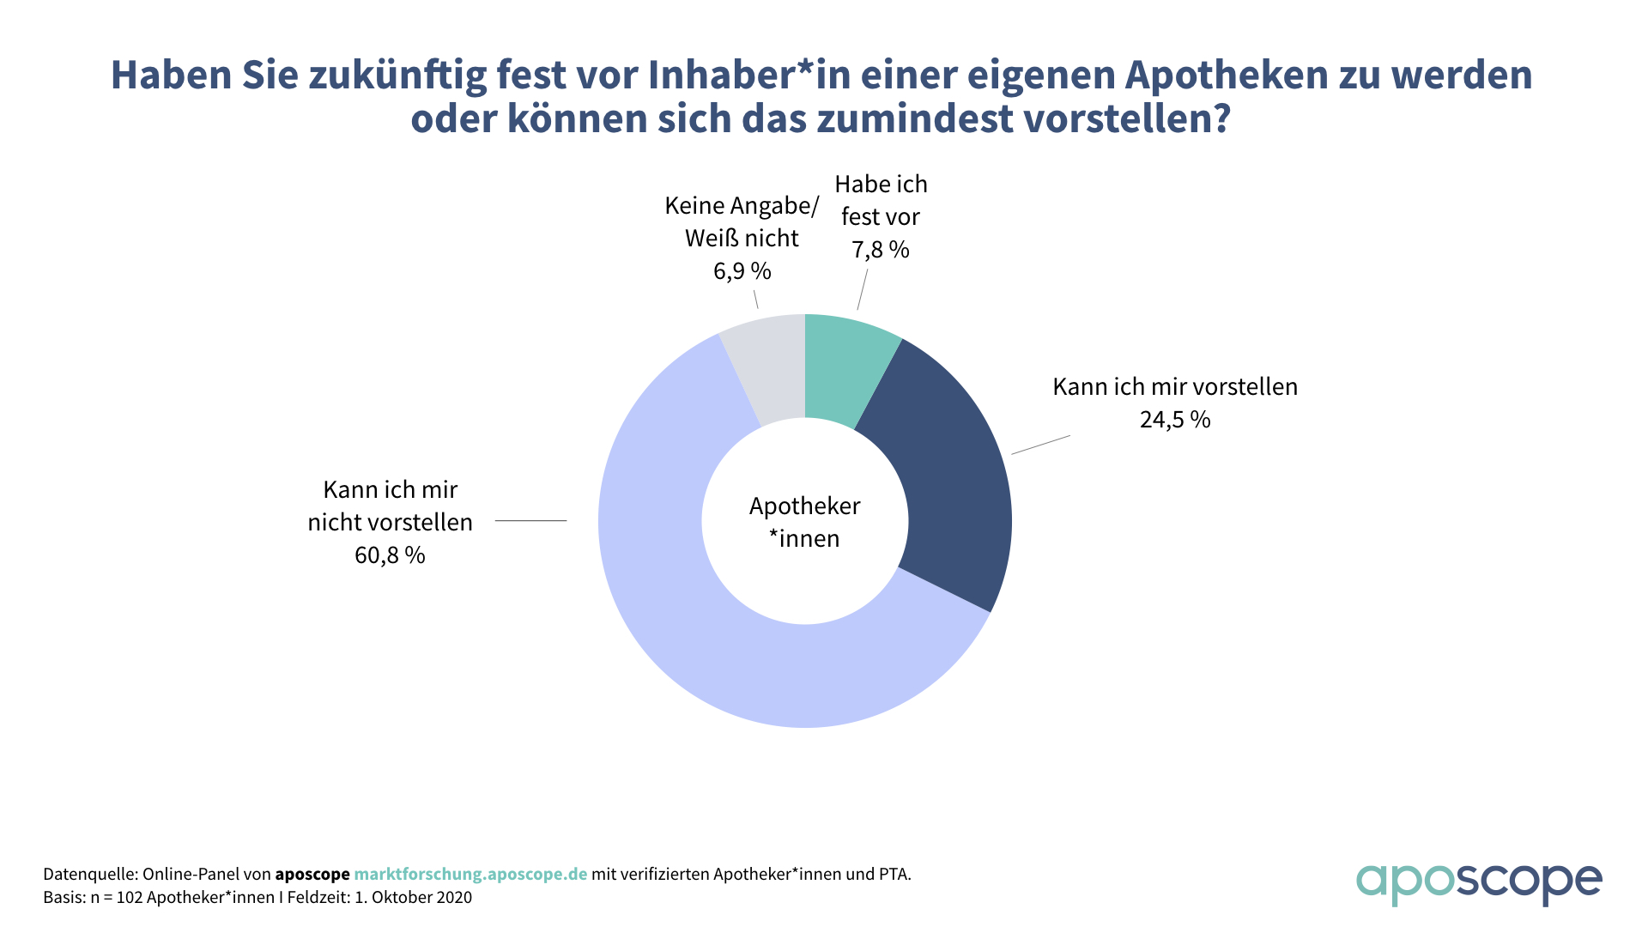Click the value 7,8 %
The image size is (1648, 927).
(881, 250)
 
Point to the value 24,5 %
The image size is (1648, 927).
(1175, 420)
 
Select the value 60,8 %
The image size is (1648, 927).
(390, 555)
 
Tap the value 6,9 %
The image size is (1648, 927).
(742, 271)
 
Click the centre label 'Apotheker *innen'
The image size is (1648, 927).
(805, 522)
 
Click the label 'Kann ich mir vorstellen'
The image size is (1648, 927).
(1175, 387)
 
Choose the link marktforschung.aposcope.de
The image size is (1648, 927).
(470, 874)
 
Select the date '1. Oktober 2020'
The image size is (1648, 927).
(413, 898)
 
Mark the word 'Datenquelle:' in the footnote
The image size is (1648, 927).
(90, 874)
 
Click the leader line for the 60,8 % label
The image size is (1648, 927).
(530, 520)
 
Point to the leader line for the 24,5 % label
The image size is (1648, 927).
(1040, 445)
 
